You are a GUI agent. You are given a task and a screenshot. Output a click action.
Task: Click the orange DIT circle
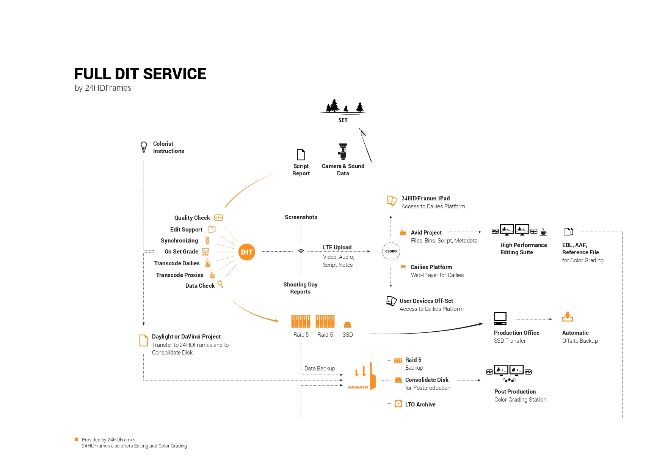pos(246,252)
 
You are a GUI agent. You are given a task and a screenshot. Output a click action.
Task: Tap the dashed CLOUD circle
pos(391,251)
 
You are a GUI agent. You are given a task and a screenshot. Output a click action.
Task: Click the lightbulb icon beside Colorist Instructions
pos(144,147)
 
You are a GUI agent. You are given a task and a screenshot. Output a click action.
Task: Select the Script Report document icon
pos(301,154)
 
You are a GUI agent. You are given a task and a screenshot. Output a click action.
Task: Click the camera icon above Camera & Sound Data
pos(343,151)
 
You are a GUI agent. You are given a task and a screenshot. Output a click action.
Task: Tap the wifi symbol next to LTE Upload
pos(301,251)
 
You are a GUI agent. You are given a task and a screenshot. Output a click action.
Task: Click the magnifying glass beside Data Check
pos(220,285)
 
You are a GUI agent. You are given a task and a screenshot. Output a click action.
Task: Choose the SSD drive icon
pos(347,325)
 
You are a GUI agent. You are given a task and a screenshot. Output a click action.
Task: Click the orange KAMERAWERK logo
pos(362,376)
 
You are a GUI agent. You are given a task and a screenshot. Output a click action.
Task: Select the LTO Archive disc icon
pos(398,404)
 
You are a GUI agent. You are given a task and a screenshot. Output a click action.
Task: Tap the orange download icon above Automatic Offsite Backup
pos(568,317)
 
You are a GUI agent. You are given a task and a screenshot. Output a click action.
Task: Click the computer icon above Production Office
pos(500,318)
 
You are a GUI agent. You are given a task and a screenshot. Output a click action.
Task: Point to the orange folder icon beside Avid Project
pos(403,233)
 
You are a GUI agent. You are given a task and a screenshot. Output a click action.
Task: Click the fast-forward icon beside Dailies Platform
pos(403,267)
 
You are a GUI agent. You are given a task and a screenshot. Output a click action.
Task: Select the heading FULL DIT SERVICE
pos(140,74)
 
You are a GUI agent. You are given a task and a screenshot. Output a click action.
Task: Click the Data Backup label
pos(320,369)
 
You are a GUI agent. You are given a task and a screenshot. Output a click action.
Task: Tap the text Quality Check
pos(192,218)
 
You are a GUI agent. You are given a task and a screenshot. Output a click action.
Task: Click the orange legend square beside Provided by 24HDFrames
pos(76,439)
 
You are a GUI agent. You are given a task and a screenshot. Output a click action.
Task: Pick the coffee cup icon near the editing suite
pos(543,232)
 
